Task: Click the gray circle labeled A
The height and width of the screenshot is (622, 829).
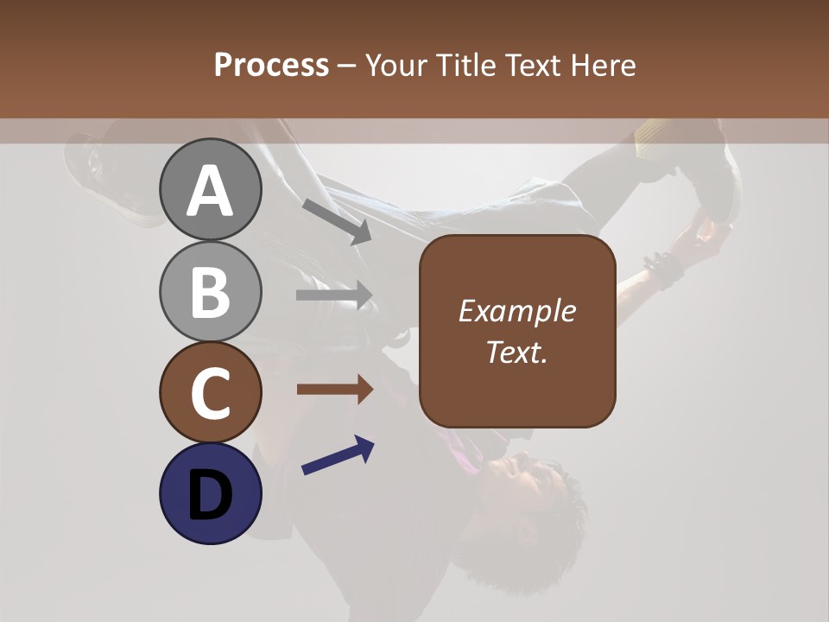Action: [211, 189]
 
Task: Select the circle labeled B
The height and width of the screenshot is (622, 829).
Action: [211, 291]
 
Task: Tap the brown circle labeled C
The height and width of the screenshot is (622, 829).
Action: [211, 392]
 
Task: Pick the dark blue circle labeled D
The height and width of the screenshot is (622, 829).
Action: [211, 493]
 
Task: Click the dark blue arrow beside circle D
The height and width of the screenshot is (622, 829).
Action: [338, 455]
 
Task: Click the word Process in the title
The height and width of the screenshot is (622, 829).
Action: [271, 65]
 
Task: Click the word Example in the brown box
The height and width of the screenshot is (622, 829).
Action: [516, 311]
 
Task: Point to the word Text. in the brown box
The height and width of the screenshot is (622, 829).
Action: [516, 352]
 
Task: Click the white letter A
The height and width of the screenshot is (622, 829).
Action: [211, 191]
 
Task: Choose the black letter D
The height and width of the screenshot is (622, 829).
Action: [211, 495]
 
